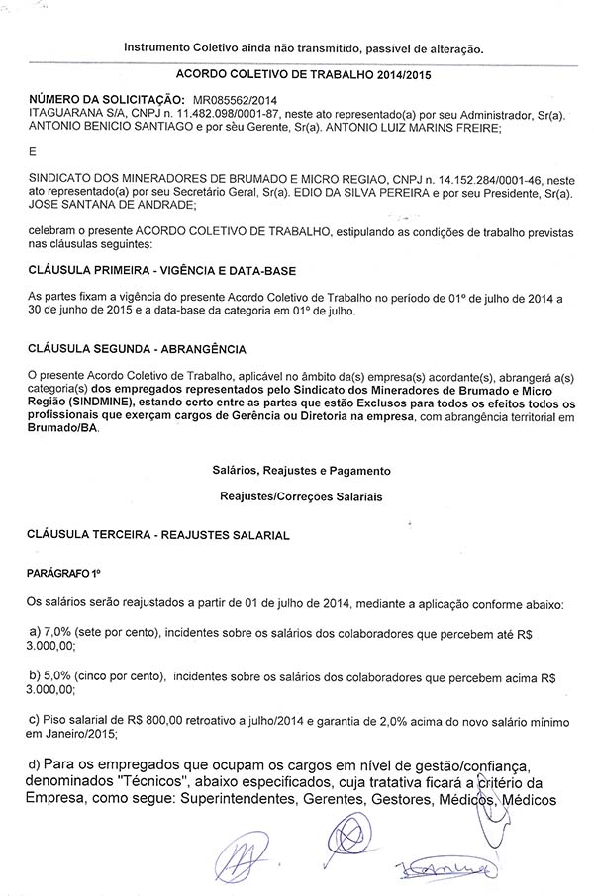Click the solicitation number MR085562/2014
click(237, 101)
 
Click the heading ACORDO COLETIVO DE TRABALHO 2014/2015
click(296, 74)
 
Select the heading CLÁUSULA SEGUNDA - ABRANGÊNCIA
click(137, 349)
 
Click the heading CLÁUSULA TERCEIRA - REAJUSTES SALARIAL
click(158, 534)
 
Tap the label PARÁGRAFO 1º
click(64, 573)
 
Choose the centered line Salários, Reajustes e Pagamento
click(301, 470)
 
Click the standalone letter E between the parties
click(32, 151)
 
